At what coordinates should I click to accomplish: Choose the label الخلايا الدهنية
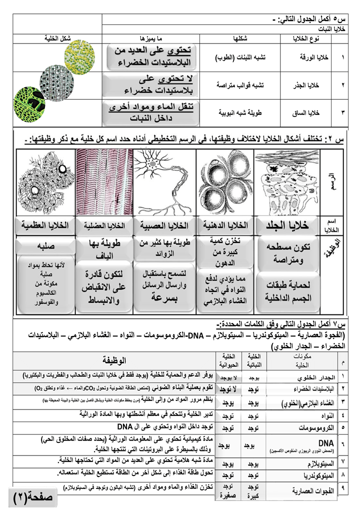tap(223, 226)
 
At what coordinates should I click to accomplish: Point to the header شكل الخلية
tap(56, 38)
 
